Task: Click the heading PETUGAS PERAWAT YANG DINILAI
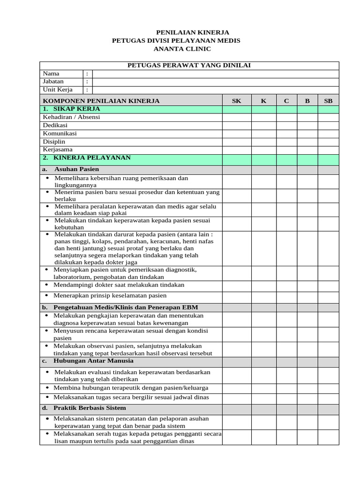coord(189,65)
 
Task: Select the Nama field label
coord(51,74)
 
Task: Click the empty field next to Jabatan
coord(216,82)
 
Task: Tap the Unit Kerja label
coord(58,90)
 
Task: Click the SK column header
coord(237,101)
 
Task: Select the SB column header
coord(328,101)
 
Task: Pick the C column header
coord(286,101)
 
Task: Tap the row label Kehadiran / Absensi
coord(71,117)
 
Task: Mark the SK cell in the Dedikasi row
coord(237,126)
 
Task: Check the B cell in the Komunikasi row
coord(307,134)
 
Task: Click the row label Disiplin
coord(54,142)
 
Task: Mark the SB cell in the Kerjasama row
coord(328,150)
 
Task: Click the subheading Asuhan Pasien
coord(76,169)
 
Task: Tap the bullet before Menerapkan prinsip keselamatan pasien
coord(47,296)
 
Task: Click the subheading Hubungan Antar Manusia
coord(94,361)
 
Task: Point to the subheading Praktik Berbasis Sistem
coord(90,408)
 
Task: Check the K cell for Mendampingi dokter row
coord(263,285)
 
